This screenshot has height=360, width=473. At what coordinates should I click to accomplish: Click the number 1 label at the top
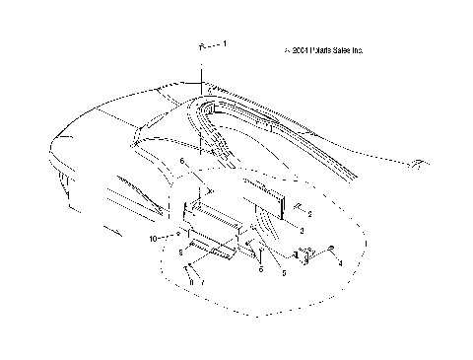point(226,45)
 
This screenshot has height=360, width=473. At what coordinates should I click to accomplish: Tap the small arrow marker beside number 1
point(204,46)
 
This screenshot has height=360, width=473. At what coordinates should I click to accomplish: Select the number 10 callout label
point(154,239)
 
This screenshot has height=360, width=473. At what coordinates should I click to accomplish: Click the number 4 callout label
point(340,264)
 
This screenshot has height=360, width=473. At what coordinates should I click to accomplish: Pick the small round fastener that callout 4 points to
point(332,248)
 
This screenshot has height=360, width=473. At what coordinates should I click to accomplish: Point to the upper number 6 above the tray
point(181,161)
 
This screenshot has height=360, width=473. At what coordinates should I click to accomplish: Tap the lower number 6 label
point(261,268)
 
